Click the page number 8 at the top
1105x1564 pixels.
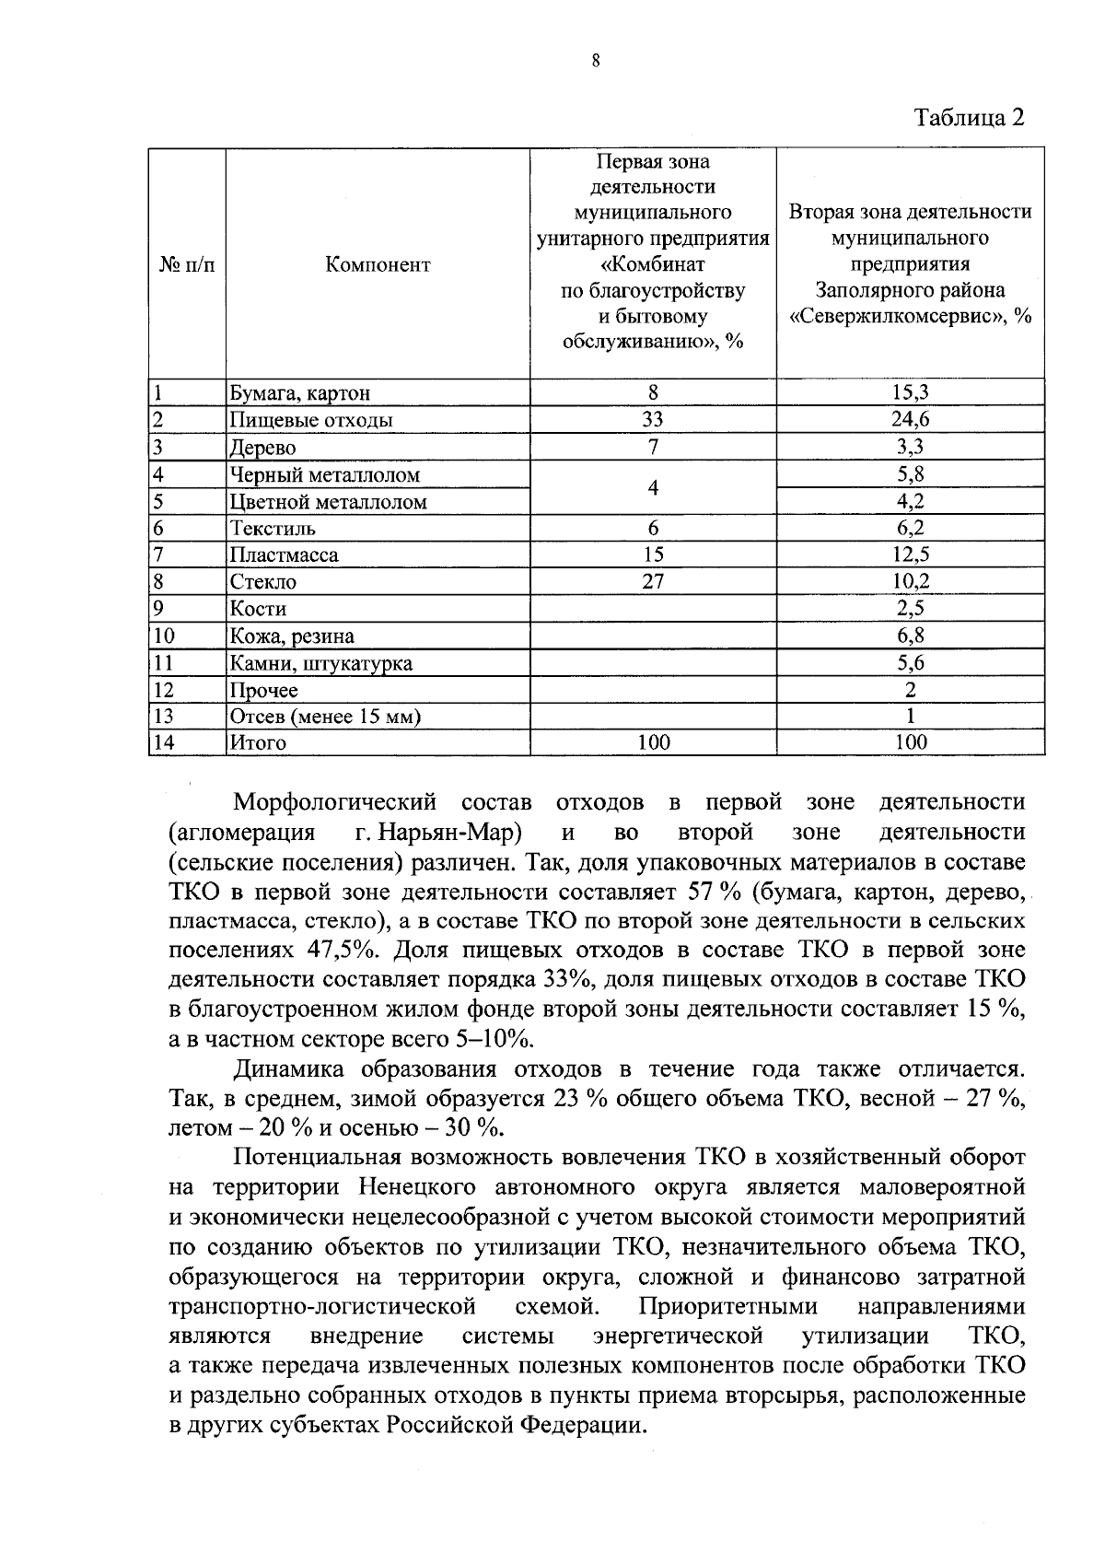pyautogui.click(x=596, y=62)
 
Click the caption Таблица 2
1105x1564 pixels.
pyautogui.click(x=968, y=118)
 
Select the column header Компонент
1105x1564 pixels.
pyautogui.click(x=378, y=264)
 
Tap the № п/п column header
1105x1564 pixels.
pyautogui.click(x=187, y=264)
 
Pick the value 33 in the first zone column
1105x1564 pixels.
pyautogui.click(x=653, y=420)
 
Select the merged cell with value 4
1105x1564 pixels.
pyautogui.click(x=653, y=487)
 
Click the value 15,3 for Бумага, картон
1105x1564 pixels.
pyautogui.click(x=911, y=392)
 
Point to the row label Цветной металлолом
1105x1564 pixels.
pyautogui.click(x=328, y=502)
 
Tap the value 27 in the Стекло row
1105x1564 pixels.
pyautogui.click(x=653, y=581)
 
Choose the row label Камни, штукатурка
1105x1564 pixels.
pyautogui.click(x=320, y=663)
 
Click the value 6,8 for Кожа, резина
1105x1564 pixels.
pyautogui.click(x=911, y=636)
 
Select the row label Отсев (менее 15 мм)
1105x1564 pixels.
pyautogui.click(x=325, y=717)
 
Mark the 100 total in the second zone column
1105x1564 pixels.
pyautogui.click(x=911, y=742)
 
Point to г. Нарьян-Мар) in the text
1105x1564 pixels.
pyautogui.click(x=438, y=833)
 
